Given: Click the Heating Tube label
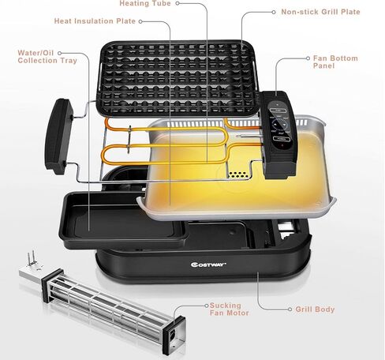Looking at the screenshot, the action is pyautogui.click(x=145, y=3).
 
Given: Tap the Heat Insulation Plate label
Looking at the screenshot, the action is pyautogui.click(x=95, y=21).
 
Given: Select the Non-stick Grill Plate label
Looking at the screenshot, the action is pyautogui.click(x=320, y=12).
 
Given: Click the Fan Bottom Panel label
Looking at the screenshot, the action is pyautogui.click(x=335, y=62).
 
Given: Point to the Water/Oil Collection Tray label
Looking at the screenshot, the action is pyautogui.click(x=47, y=57).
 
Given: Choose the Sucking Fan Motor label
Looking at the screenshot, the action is pyautogui.click(x=229, y=309).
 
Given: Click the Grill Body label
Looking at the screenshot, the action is pyautogui.click(x=315, y=309).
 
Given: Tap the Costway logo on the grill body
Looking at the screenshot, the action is pyautogui.click(x=208, y=264).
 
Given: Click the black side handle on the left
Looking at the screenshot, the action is pyautogui.click(x=59, y=137).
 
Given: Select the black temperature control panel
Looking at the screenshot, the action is pyautogui.click(x=279, y=134).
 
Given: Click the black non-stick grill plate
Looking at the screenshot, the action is pyautogui.click(x=178, y=78).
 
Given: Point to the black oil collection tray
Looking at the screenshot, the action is pyautogui.click(x=123, y=220).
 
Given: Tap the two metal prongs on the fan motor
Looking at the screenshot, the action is pyautogui.click(x=31, y=258).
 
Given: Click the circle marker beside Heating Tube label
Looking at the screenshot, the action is pyautogui.click(x=178, y=3).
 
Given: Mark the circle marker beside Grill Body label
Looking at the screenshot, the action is pyautogui.click(x=290, y=309).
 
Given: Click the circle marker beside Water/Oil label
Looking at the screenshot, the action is pyautogui.click(x=60, y=53).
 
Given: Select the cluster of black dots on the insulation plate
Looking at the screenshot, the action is pyautogui.click(x=237, y=174).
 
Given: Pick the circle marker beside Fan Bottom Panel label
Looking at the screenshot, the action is pyautogui.click(x=308, y=58).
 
